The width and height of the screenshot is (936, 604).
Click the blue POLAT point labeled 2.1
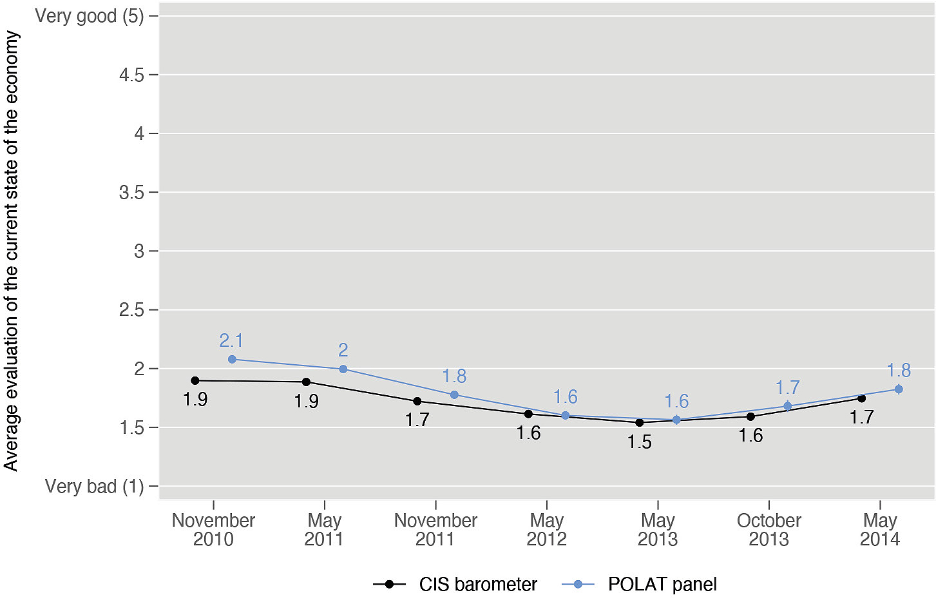pos(232,359)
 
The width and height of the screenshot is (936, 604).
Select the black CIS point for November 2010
pos(195,380)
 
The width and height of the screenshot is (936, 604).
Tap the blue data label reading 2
pos(343,350)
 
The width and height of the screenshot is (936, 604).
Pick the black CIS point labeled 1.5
pos(640,422)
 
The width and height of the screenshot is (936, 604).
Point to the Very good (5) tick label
pos(89,15)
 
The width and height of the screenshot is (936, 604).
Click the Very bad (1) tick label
pos(94,486)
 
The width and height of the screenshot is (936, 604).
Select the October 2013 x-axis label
pos(769,529)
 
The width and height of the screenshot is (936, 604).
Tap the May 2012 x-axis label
pos(546,529)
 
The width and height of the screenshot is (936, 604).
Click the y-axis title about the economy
pos(12,251)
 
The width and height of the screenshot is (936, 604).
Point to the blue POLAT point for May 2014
pos(899,389)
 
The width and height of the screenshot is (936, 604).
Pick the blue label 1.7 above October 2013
pos(787,387)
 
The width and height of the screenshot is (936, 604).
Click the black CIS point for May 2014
pos(862,398)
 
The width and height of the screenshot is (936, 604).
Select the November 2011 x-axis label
pos(435,529)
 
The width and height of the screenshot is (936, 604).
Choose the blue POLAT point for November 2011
pos(454,395)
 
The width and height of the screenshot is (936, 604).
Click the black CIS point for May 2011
pos(306,382)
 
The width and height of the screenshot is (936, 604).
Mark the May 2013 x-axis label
pos(658,529)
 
